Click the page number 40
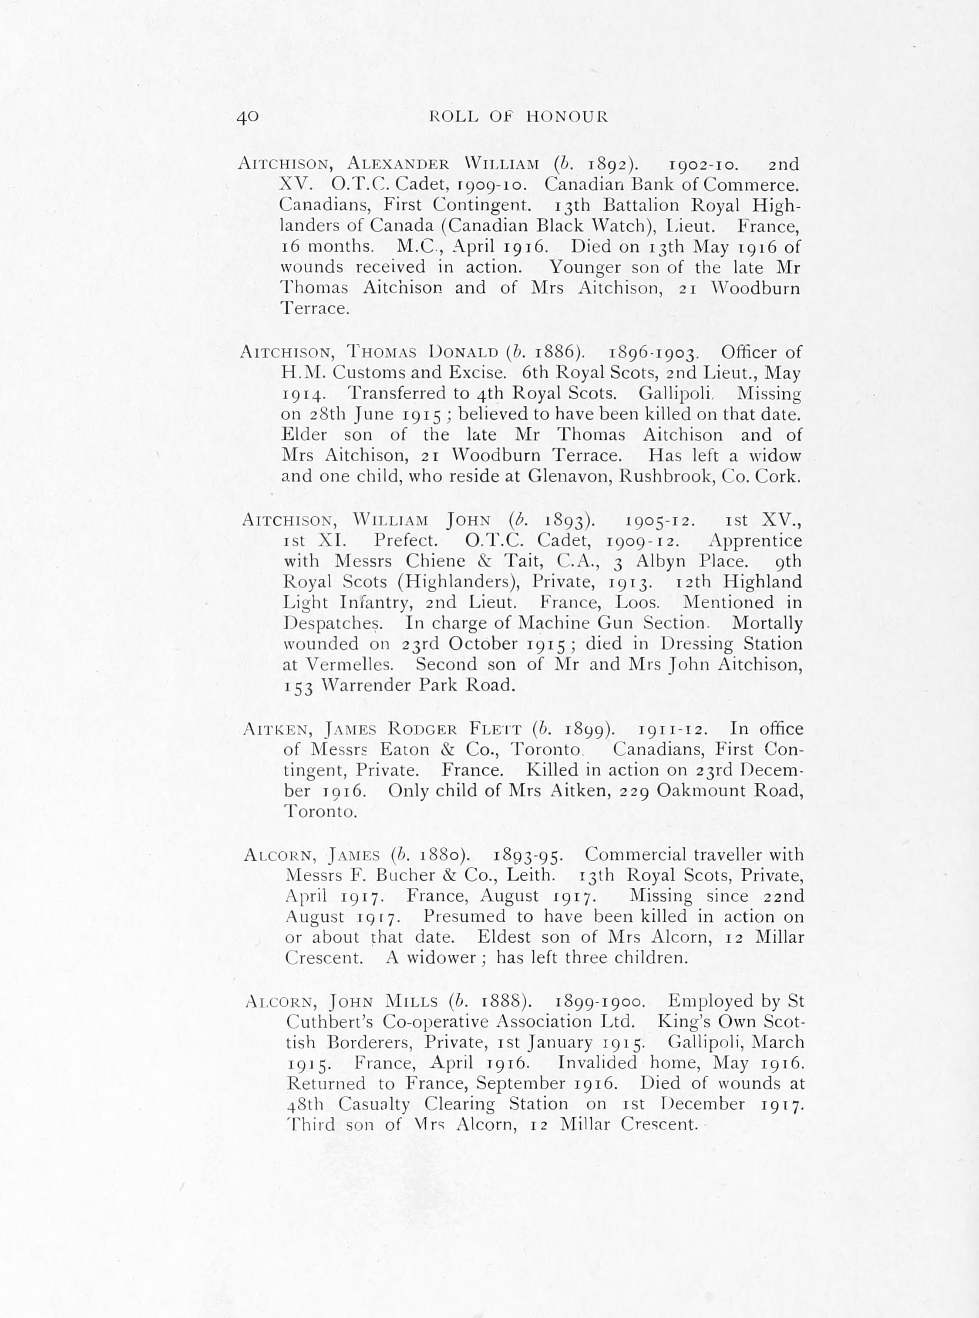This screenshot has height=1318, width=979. coord(248,116)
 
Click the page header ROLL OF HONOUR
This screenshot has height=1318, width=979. coord(518,116)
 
